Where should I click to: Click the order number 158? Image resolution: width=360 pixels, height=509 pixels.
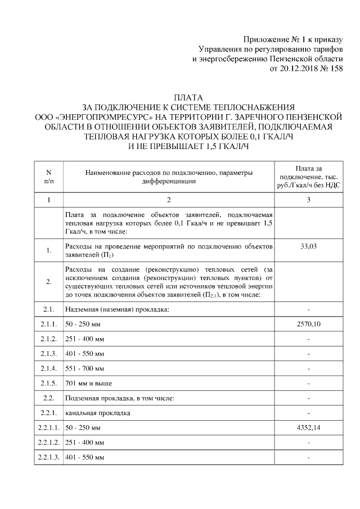[334, 68]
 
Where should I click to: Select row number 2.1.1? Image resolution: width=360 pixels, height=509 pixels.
[48, 325]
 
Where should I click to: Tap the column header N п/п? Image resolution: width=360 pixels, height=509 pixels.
[48, 177]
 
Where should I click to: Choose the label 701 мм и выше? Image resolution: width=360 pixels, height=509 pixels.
[89, 383]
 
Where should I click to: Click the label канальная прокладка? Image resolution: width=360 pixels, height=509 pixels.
[98, 413]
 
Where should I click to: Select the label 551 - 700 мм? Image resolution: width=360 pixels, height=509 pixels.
[84, 368]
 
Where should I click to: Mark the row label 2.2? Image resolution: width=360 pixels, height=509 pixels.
[48, 398]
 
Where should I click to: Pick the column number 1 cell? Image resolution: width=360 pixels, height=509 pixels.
[48, 200]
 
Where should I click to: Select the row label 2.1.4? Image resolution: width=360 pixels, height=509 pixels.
[48, 368]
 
